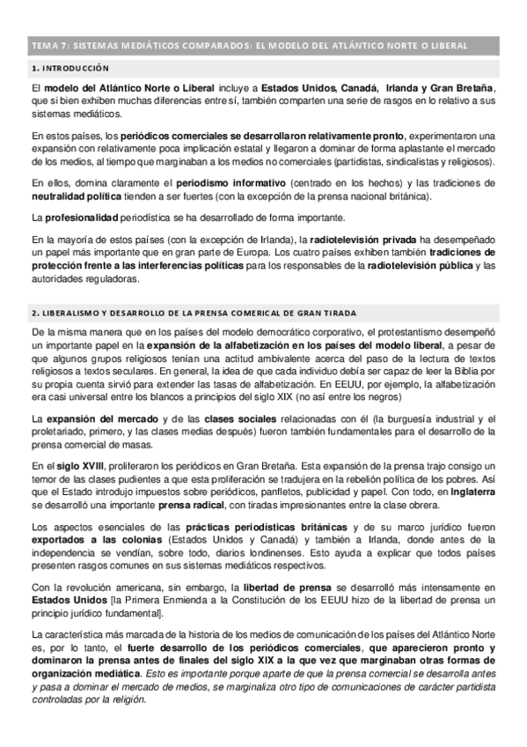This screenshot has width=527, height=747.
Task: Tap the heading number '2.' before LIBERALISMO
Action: [33, 313]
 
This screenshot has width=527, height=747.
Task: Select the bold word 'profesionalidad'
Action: [82, 217]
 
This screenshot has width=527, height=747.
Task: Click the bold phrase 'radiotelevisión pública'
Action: [426, 265]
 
